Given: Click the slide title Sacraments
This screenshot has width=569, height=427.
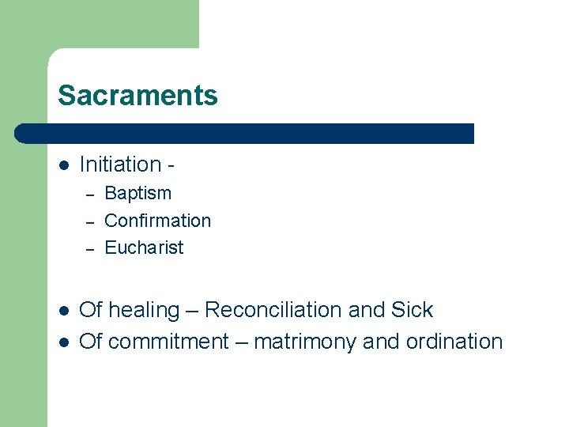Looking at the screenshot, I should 138,96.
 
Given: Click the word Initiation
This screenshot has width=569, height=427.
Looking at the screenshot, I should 120,164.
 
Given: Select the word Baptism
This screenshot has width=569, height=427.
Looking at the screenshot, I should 138,193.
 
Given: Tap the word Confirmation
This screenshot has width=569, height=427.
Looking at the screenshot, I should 157,221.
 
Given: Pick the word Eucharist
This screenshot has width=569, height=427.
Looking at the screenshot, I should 144,248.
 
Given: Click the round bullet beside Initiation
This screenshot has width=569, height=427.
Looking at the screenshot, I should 64,165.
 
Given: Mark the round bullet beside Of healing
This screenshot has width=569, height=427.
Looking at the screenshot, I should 64,311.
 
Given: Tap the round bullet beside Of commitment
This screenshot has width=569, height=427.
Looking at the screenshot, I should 64,342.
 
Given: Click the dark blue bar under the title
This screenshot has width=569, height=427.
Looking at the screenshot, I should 245,134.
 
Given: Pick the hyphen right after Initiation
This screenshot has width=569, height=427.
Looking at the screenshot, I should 171,166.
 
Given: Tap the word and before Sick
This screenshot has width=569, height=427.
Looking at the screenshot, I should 366,310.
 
